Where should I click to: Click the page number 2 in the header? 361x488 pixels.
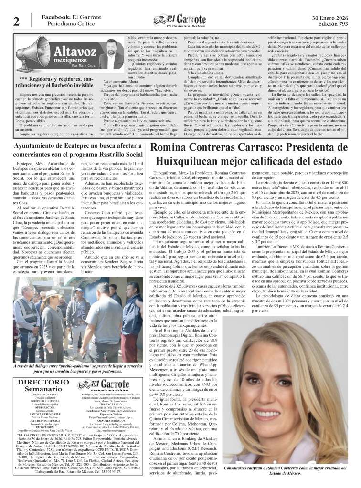pos(16,21)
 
